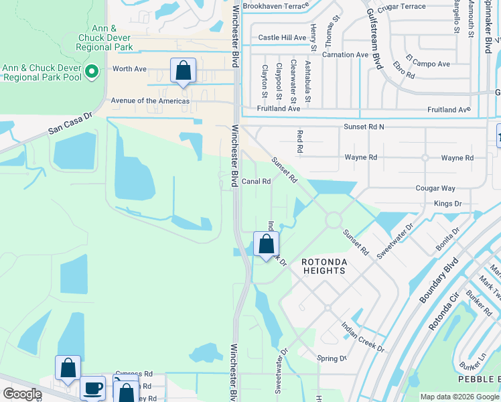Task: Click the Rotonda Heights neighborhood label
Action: tap(323, 266)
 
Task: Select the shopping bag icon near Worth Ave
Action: tap(184, 71)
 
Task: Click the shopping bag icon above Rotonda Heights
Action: tap(267, 244)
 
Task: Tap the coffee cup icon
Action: tap(92, 388)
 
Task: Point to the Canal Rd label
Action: tap(256, 181)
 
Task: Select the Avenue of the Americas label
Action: tap(150, 101)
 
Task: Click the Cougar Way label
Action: tap(435, 189)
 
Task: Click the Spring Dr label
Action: tap(332, 358)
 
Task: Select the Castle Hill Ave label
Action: tap(282, 38)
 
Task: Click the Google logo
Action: tap(22, 395)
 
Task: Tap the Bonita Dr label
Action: tap(447, 239)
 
